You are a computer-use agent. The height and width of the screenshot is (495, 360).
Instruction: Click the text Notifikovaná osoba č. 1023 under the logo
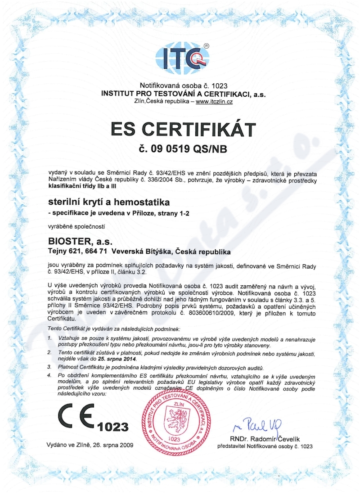point(184,86)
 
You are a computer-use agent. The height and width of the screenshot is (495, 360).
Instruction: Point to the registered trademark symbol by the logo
point(207,45)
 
